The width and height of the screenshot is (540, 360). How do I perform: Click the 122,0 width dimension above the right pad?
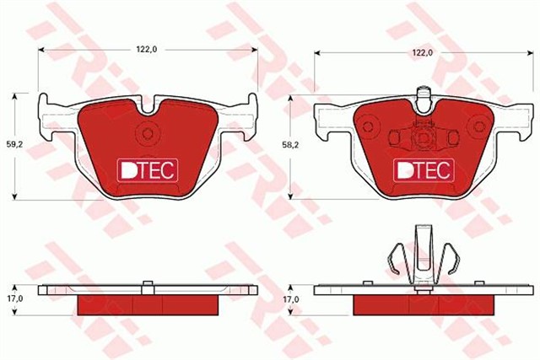tap(423, 52)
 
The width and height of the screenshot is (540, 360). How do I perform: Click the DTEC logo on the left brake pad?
tap(147, 169)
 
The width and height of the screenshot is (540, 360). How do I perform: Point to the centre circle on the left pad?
tap(148, 132)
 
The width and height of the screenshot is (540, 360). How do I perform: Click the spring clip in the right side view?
tap(422, 257)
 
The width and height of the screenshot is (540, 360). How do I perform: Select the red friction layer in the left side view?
tap(147, 304)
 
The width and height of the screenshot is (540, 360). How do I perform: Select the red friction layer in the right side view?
tap(422, 304)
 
